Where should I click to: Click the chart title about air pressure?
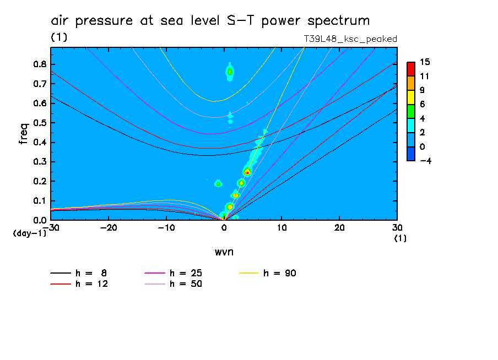pyautogui.click(x=210, y=21)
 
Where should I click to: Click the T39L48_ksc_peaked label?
pyautogui.click(x=350, y=39)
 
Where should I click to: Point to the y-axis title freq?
pyautogui.click(x=23, y=134)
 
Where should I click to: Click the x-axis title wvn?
pyautogui.click(x=224, y=252)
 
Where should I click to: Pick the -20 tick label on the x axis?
pyautogui.click(x=109, y=228)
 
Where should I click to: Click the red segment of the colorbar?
pyautogui.click(x=410, y=68)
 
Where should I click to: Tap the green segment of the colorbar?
pyautogui.click(x=410, y=111)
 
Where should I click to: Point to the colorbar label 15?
pyautogui.click(x=425, y=62)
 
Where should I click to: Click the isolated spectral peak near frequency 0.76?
pyautogui.click(x=230, y=72)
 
